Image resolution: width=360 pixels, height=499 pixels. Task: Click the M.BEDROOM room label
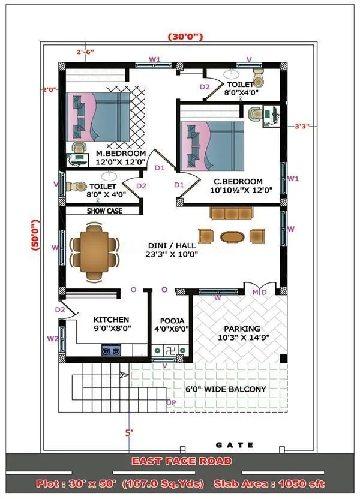[121, 154]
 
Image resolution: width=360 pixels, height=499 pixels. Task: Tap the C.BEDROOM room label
[238, 181]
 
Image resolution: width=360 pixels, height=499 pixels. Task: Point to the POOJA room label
[172, 321]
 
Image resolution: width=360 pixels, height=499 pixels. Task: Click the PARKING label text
[242, 329]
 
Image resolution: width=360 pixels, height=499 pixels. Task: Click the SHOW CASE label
[104, 211]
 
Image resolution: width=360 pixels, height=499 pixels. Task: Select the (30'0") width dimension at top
[185, 37]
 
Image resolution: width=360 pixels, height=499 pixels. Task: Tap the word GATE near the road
[235, 445]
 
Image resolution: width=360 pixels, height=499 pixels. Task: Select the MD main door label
[259, 292]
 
